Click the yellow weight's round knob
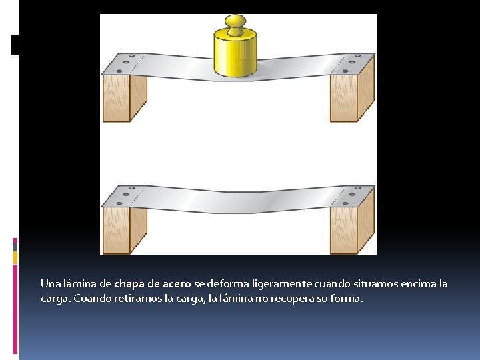[235, 22]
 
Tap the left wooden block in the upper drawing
[125, 98]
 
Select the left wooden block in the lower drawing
[125, 230]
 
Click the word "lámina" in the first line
[80, 284]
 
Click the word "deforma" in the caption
[228, 284]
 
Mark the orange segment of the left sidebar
[15, 257]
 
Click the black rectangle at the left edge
[15, 45]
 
